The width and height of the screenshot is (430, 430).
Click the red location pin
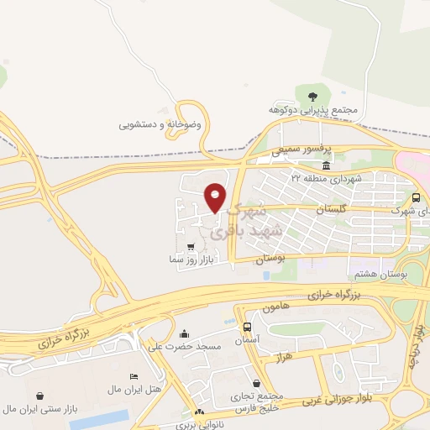tap(215, 197)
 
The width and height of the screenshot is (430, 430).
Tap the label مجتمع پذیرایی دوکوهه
tap(313, 110)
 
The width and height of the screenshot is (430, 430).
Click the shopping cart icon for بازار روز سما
tap(191, 247)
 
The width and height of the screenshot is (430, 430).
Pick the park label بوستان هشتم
tap(404, 274)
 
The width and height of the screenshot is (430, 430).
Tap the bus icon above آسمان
tap(247, 327)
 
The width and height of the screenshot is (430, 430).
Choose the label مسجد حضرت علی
tap(184, 346)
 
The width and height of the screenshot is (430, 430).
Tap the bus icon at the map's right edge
tap(417, 197)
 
